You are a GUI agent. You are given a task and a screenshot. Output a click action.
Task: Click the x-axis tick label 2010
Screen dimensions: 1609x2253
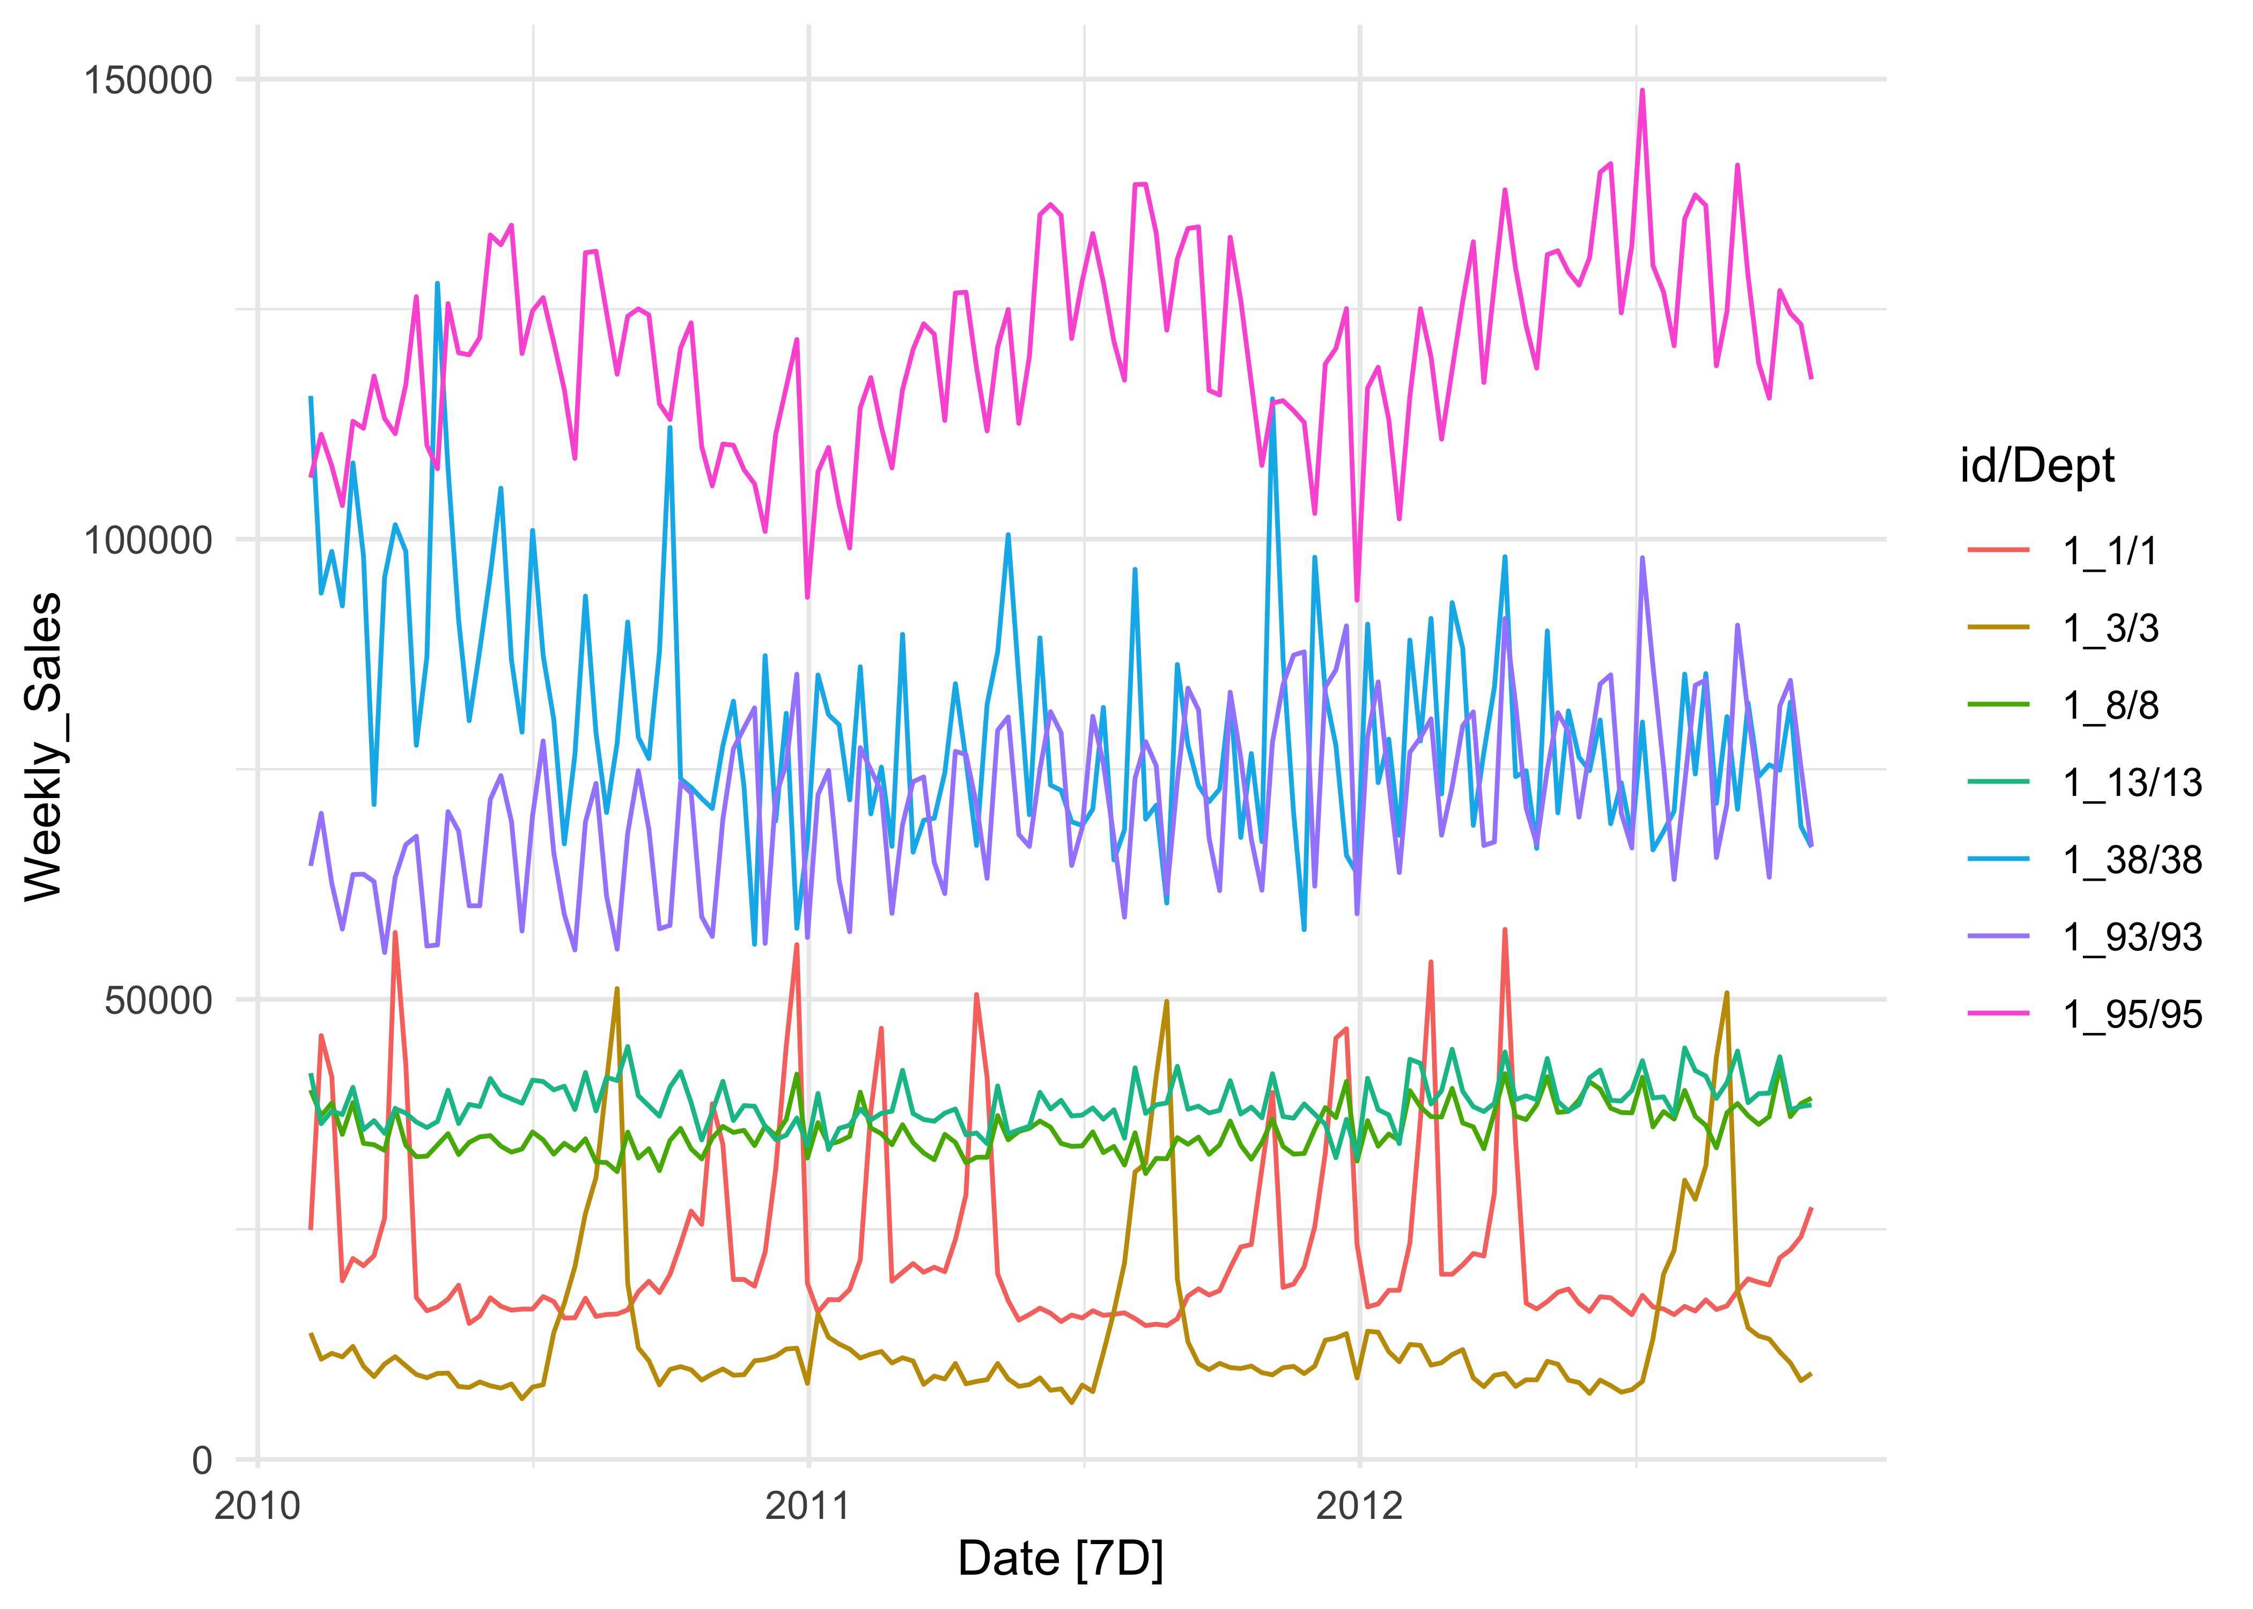(257, 1506)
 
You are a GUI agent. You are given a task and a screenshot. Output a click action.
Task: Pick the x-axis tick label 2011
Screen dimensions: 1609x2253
(808, 1506)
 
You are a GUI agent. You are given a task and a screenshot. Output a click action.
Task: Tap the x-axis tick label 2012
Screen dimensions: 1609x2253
(1359, 1506)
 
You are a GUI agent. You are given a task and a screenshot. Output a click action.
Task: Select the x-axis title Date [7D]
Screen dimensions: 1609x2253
(1060, 1560)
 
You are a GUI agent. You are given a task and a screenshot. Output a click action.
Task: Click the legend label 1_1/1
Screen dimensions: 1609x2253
(2110, 551)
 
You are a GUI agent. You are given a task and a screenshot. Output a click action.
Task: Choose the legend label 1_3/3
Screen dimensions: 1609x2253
(2110, 628)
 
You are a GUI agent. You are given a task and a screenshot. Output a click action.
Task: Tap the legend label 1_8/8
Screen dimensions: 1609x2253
(2110, 705)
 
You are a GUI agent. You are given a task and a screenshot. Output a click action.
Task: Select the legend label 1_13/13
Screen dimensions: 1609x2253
(2132, 783)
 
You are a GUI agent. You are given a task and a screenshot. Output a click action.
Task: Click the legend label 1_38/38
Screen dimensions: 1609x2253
(2132, 860)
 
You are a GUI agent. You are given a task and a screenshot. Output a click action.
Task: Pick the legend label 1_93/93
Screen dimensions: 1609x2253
(2132, 938)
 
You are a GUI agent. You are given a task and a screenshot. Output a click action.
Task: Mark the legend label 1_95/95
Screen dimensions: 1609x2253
(2132, 1015)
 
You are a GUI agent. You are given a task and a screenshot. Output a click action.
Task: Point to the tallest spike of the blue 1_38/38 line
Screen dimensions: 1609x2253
(437, 284)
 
